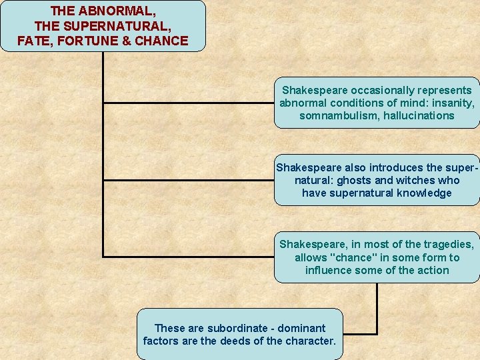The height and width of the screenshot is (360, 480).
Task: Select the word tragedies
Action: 450,244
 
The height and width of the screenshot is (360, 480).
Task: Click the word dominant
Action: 303,328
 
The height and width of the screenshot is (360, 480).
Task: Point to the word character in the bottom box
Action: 312,341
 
